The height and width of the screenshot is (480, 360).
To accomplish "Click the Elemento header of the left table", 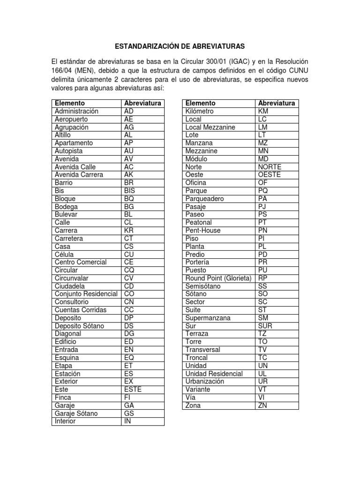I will pos(70,103).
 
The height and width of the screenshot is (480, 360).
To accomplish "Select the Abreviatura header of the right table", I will pos(277,103).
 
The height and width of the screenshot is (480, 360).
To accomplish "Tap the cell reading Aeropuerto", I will pos(74,119).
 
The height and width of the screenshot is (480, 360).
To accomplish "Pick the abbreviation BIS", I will pos(129,191).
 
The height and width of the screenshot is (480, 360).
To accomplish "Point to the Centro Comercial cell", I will pos(81,262).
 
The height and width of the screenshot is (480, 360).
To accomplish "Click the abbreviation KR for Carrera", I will pos(128,231).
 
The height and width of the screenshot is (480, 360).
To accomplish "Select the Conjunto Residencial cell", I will pos(86,294).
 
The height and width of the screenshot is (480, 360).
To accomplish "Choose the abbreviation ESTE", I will pos(133,389).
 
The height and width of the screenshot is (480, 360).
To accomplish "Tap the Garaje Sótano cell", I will pos(77,413).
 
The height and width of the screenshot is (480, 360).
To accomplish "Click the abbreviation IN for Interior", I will pos(127,421).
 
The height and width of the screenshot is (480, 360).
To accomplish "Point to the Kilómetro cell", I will pos(200,111).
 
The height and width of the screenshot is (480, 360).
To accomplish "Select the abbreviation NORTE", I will pos(270,167).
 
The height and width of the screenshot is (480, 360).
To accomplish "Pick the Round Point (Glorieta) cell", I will pos(218,278).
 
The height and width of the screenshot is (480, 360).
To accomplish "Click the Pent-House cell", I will pos(203,230).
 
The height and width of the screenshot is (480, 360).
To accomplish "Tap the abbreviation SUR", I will pos(265,326).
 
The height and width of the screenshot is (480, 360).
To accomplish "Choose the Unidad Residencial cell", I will pos(214,374).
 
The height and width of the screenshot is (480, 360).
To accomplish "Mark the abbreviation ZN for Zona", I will pos(262,405).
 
